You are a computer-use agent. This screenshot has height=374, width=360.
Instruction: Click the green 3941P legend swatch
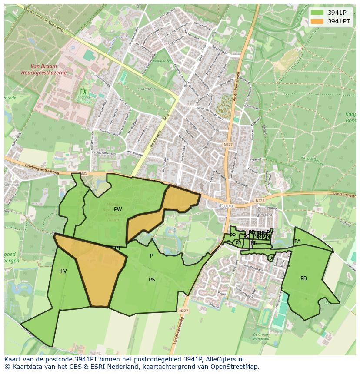point(317,13)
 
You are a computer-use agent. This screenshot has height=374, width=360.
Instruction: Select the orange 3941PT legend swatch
point(317,21)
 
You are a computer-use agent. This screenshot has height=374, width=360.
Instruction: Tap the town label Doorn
point(227,205)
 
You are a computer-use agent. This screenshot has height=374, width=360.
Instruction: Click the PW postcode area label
point(118,209)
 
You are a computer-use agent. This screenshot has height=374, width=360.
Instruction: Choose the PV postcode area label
point(63,271)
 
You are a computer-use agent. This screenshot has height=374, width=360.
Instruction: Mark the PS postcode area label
point(152,280)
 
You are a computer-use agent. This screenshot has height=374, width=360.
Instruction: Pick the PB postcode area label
point(303,278)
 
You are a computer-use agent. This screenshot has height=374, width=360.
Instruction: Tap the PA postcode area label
point(297,242)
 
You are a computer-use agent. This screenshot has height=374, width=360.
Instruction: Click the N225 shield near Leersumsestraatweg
point(260,201)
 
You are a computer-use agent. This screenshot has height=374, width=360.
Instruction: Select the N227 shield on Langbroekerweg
point(183,311)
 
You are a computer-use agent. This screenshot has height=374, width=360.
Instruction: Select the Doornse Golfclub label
point(83,98)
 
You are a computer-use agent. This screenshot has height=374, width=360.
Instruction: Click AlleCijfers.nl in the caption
point(223,359)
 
